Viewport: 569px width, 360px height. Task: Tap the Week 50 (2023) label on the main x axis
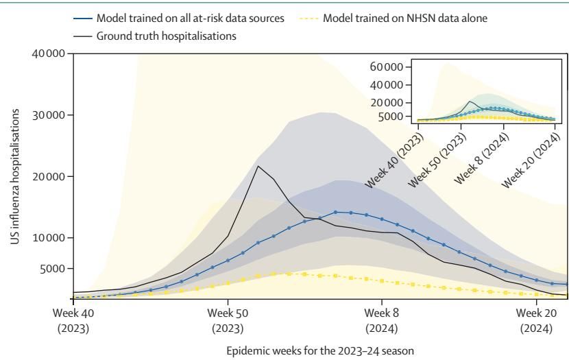228,319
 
